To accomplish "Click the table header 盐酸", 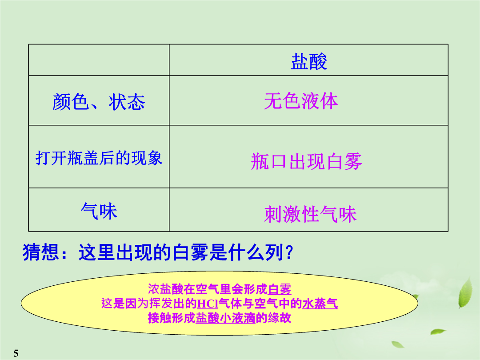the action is [x=309, y=61].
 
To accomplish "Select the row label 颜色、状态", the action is [x=99, y=102].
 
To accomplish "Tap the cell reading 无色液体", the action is [x=301, y=101].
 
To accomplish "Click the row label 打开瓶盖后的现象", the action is [x=99, y=158].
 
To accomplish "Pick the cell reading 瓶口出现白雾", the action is [x=306, y=161].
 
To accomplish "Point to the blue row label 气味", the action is [x=99, y=211].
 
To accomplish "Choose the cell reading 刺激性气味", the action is [x=310, y=214].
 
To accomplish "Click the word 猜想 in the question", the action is [x=41, y=252].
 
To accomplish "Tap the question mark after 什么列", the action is [x=289, y=252].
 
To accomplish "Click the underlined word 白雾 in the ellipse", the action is [x=280, y=289].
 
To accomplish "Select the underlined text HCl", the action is [x=207, y=304].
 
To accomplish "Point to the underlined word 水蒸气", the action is [x=320, y=304].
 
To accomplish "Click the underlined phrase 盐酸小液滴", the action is [x=226, y=318].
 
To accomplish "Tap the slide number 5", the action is [x=16, y=353].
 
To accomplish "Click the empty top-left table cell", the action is [x=99, y=60].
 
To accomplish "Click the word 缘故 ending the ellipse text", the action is [x=279, y=318].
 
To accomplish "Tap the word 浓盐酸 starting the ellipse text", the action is [x=166, y=289].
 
